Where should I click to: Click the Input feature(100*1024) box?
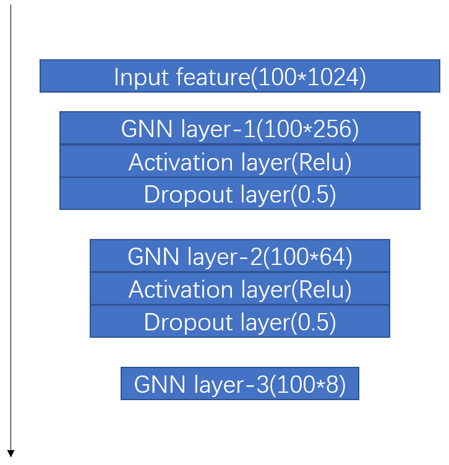coord(239,77)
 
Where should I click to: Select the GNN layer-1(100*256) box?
coord(239,128)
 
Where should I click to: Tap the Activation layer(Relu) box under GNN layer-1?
coord(239,162)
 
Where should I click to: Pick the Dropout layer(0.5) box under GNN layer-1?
coord(239,194)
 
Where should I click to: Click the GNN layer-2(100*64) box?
coord(239,256)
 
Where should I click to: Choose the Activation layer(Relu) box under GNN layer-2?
coord(239,289)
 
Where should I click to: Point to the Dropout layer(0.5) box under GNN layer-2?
coord(239,322)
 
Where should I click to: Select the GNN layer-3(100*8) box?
coord(239,384)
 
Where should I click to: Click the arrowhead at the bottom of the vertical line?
coord(11,454)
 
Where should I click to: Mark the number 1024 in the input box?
coord(334,77)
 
